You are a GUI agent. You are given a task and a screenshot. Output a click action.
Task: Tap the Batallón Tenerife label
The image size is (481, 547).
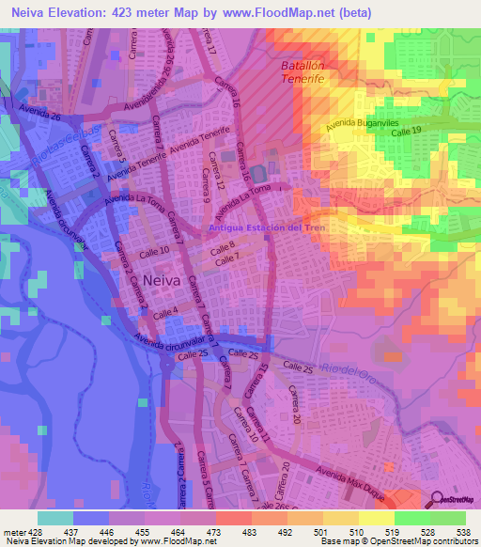(303, 73)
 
